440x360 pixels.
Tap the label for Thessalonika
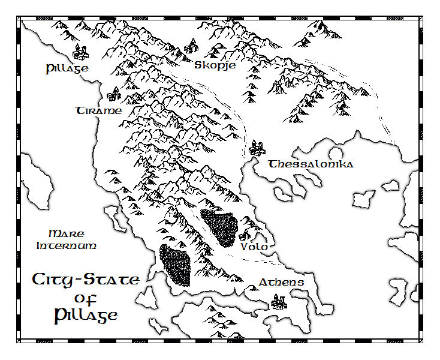[311, 164]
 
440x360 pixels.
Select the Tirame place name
[99, 111]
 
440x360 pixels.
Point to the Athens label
[281, 283]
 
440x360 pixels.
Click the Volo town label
[254, 247]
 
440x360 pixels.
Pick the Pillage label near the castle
[67, 68]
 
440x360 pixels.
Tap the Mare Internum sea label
[66, 239]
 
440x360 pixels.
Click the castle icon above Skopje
[192, 46]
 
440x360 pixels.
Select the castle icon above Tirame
[114, 94]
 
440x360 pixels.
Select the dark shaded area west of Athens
[176, 265]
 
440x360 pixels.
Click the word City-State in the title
[86, 280]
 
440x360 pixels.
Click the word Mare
[66, 233]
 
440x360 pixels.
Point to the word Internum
[66, 246]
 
